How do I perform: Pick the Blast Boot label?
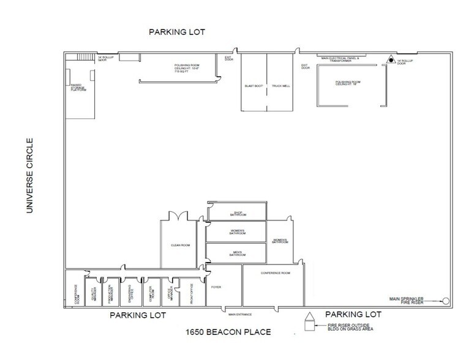(254, 86)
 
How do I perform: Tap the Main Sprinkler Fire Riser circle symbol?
(445, 301)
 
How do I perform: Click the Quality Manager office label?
(96, 293)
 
